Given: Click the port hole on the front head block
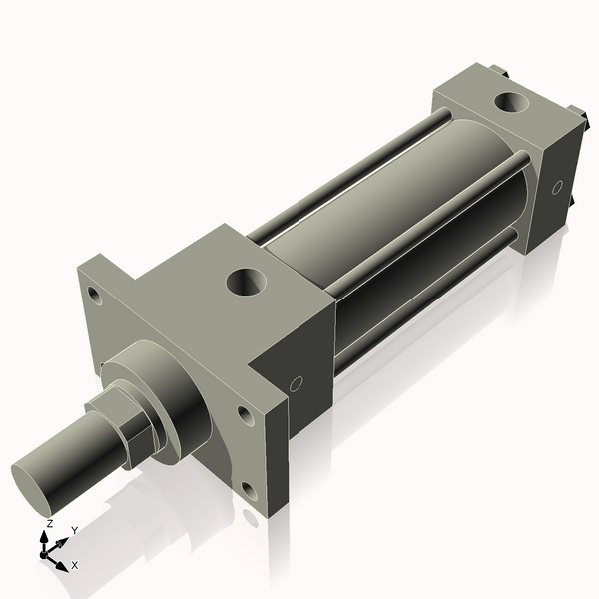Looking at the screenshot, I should [245, 281].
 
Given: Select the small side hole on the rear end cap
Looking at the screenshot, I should [557, 186].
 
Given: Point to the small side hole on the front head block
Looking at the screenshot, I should [296, 383].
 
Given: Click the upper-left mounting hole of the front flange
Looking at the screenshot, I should [93, 296].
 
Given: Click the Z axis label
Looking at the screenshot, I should [50, 523].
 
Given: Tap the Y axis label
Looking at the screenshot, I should [75, 530].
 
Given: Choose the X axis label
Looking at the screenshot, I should [75, 565].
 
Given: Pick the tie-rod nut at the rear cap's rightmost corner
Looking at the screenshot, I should [575, 114].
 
